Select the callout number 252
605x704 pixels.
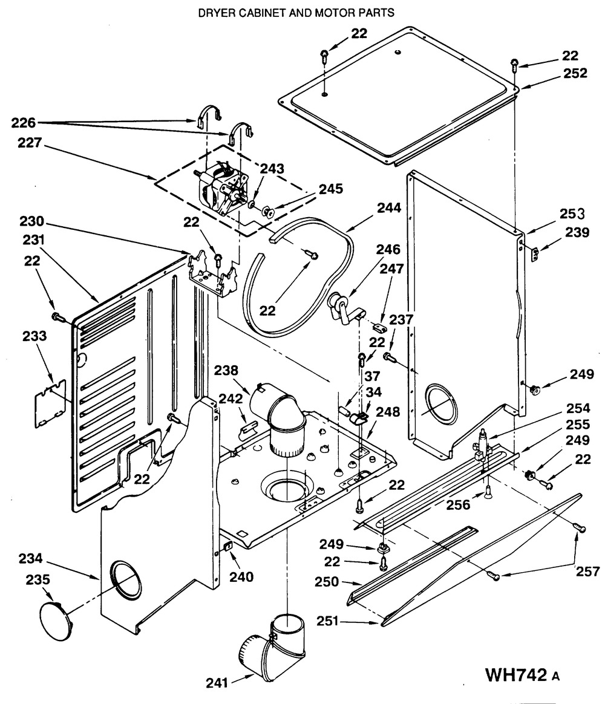coord(575,73)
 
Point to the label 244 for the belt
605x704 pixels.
coord(388,207)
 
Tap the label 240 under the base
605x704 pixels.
coord(242,578)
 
